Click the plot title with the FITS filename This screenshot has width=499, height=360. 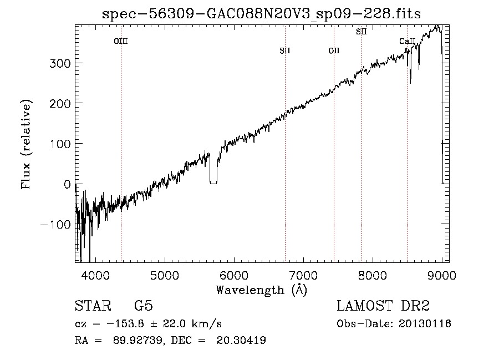(261, 14)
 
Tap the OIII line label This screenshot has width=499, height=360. (121, 41)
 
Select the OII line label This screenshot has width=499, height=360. (334, 50)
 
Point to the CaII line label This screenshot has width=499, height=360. (408, 41)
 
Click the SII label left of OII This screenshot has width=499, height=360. (285, 50)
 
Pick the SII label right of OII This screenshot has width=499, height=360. (361, 32)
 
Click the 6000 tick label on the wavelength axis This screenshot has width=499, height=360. (234, 275)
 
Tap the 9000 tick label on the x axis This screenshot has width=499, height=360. (442, 275)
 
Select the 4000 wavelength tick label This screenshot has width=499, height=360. (95, 275)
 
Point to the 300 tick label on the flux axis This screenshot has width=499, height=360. (60, 63)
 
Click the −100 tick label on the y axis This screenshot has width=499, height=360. (55, 225)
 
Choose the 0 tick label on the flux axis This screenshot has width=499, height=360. (67, 184)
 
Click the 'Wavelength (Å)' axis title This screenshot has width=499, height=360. (262, 290)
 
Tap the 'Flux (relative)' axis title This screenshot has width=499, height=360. (26, 144)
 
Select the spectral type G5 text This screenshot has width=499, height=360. (144, 306)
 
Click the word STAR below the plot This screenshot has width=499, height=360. (93, 306)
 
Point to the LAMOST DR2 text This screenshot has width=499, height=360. (383, 306)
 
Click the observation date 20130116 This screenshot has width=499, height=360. (425, 324)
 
